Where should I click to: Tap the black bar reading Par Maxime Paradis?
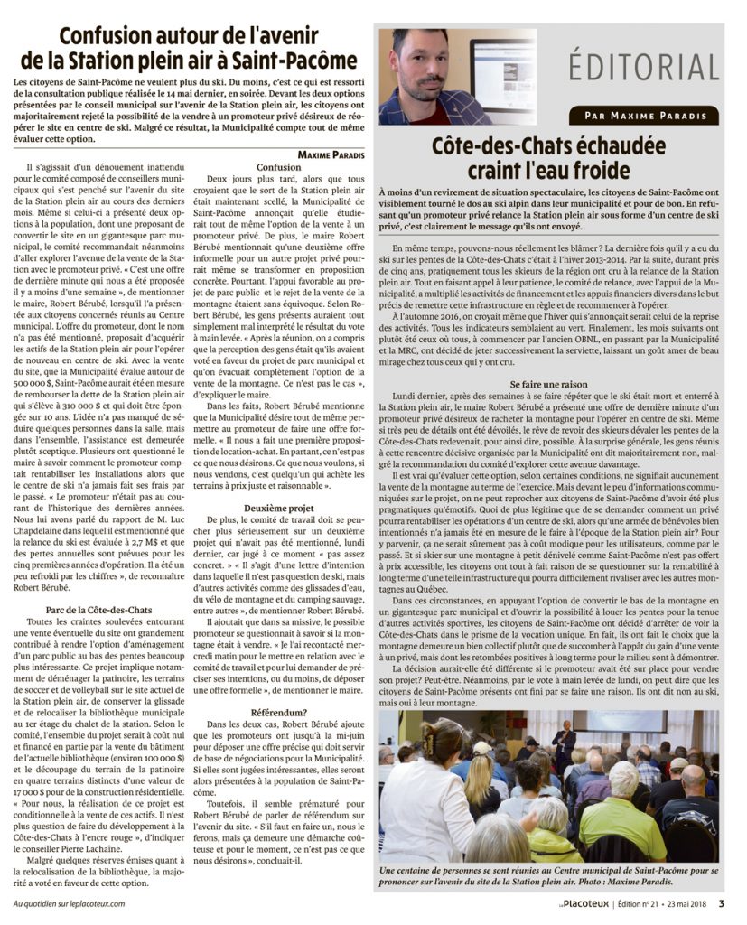(x=645, y=116)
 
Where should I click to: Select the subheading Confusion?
(x=279, y=167)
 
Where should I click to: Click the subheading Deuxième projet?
(x=279, y=509)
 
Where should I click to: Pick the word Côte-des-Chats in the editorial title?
(x=502, y=146)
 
